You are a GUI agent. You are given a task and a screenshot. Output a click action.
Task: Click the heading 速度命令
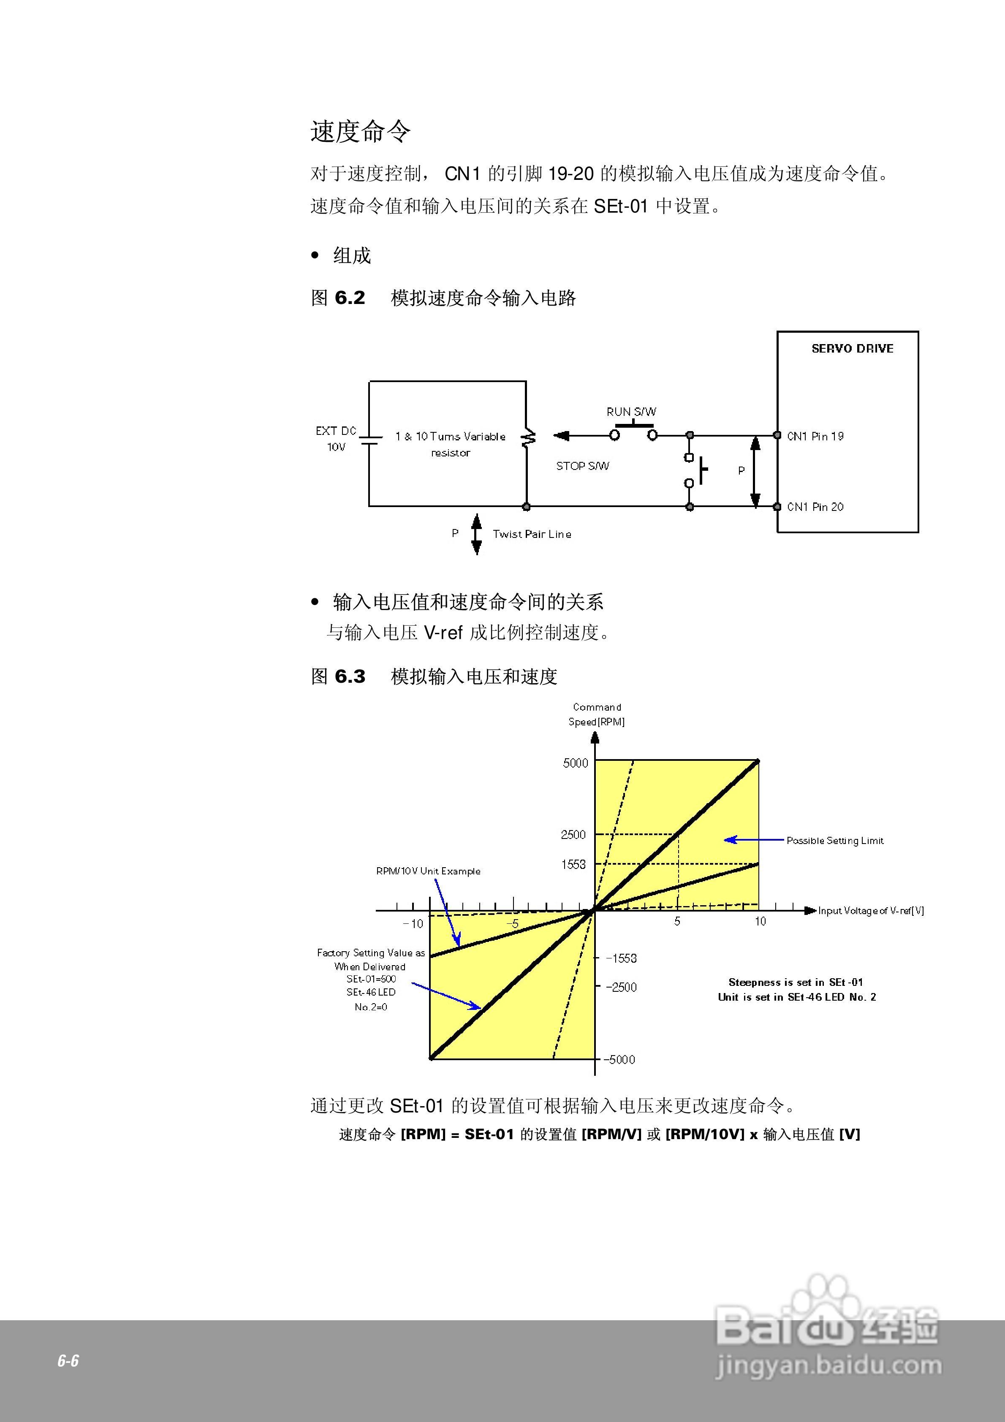[x=360, y=132]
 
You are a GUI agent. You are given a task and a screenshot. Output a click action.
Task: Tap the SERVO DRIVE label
[x=852, y=349]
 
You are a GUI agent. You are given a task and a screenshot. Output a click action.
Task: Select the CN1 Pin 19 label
[x=815, y=436]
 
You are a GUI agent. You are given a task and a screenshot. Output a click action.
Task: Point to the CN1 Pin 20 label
[x=815, y=507]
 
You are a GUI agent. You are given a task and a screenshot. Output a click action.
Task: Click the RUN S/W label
[x=631, y=412]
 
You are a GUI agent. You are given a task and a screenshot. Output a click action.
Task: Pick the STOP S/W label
[x=582, y=466]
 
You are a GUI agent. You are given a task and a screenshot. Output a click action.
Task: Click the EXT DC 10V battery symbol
[x=370, y=439]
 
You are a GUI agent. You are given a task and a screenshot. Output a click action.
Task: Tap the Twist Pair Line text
[x=532, y=534]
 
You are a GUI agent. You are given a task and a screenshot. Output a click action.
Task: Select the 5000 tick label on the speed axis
[x=575, y=763]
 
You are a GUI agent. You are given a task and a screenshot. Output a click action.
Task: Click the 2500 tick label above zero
[x=573, y=835]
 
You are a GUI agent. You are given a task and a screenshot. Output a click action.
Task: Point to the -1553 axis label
[x=621, y=958]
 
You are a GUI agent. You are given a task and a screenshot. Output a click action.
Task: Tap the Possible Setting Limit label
[x=834, y=841]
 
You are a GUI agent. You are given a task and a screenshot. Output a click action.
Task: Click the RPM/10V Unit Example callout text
[x=428, y=871]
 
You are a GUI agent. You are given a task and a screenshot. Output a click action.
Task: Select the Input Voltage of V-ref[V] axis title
[x=871, y=910]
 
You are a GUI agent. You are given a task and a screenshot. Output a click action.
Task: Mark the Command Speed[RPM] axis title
[x=597, y=714]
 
